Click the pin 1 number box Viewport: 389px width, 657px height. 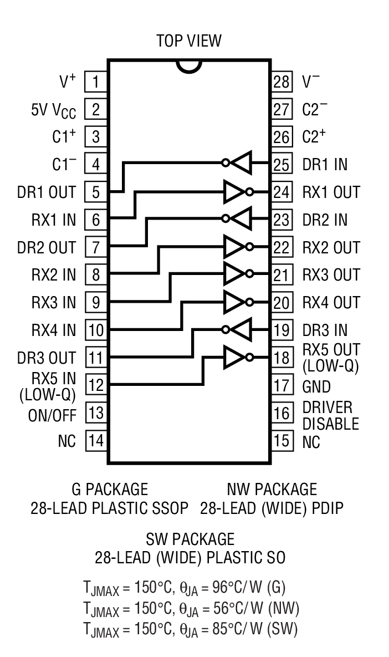pos(95,82)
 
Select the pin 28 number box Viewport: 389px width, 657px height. pos(281,82)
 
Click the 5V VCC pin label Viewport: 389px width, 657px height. pos(53,110)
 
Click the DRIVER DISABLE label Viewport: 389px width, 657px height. pos(330,415)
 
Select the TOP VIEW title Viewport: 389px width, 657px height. pos(188,40)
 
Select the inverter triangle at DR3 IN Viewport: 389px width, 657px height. pos(241,329)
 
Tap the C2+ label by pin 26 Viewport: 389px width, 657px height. pos(314,136)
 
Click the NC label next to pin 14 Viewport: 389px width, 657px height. pos(66,441)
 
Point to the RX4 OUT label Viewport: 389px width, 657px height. pos(331,303)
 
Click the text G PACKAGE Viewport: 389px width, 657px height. pos(110,489)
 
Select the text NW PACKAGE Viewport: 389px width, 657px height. pos(272,489)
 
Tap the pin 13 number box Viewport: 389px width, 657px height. pos(95,413)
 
